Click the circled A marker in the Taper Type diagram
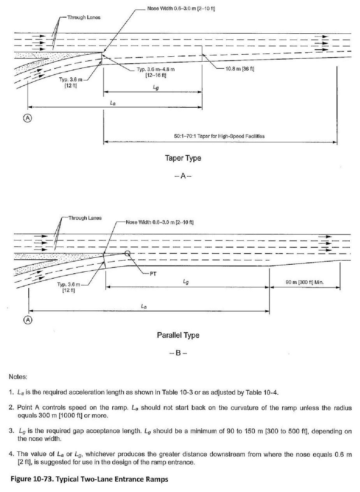28,118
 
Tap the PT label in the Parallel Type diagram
154,273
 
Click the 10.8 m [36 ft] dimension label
239,69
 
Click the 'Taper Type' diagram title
183,158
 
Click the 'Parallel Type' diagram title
178,335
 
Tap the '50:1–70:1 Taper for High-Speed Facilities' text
219,136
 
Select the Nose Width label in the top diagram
181,9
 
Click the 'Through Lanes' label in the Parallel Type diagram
85,218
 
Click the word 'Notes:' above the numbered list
18,376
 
